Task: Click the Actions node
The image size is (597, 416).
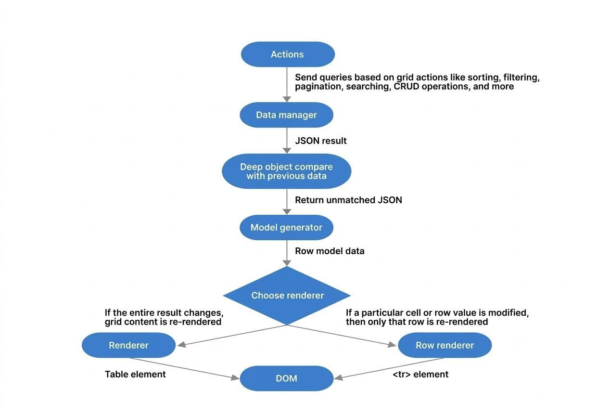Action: point(288,54)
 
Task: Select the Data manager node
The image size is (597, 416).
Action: point(286,115)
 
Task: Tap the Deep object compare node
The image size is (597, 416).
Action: point(286,171)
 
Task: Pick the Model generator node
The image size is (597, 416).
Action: point(286,228)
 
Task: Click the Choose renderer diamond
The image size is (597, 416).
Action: point(287,296)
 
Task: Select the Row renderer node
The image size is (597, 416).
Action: point(445,345)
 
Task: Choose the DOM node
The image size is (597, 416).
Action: point(286,378)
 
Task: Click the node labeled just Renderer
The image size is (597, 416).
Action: point(128,345)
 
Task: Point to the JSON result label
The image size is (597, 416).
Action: point(320,141)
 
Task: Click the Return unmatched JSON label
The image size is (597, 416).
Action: point(348,200)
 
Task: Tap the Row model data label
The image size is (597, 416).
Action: point(330,251)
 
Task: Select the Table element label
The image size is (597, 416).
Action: point(135,374)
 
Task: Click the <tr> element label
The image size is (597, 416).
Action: point(420,374)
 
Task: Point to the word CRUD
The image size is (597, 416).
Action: point(406,87)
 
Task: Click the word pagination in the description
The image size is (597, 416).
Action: point(318,87)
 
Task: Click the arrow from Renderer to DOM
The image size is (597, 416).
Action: point(185,368)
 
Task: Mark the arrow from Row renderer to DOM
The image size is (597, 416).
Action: point(390,368)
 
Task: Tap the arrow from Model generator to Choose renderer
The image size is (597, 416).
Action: point(287,253)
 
